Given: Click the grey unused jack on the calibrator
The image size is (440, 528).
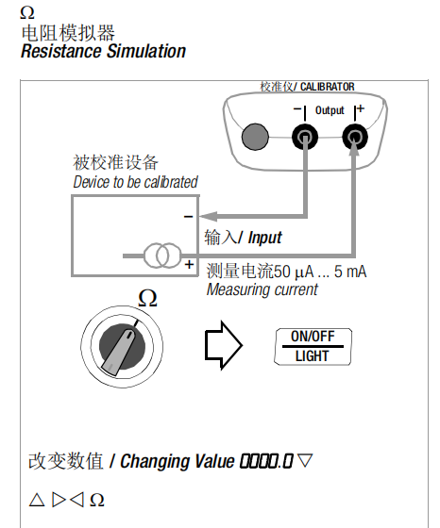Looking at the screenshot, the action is coord(255,137).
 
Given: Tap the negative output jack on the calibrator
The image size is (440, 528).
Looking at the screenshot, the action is coord(305,137).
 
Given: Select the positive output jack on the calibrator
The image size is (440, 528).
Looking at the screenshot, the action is coord(354,137).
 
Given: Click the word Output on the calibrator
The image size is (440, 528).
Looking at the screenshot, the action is coord(330,110).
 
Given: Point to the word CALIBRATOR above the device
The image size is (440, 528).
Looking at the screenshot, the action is coord(328,87).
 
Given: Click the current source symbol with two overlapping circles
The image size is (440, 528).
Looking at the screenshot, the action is coord(162,256).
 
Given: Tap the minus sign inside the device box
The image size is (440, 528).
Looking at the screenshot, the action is coord(188,217).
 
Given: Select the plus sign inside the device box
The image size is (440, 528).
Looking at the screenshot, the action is coord(189,264).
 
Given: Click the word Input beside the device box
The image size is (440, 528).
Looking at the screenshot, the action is coord(264,238).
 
